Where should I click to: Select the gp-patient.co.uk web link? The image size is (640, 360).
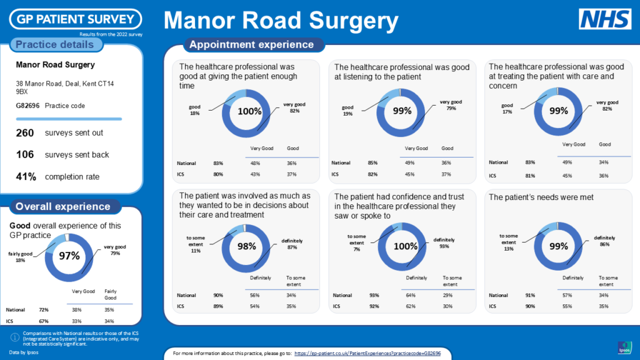(x=367, y=353)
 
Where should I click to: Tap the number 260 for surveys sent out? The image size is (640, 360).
(x=25, y=132)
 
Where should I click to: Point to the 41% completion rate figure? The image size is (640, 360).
(x=26, y=176)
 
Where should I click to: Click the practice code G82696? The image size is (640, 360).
(x=27, y=106)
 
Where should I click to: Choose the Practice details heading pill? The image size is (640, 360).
(x=54, y=44)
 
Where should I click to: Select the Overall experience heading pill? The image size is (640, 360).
(x=62, y=206)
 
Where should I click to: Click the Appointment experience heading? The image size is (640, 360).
(x=251, y=44)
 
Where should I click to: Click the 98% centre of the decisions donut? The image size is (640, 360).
(x=247, y=247)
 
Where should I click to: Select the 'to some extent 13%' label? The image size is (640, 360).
(x=508, y=242)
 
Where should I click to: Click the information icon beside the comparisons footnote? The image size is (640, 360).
(x=14, y=337)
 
